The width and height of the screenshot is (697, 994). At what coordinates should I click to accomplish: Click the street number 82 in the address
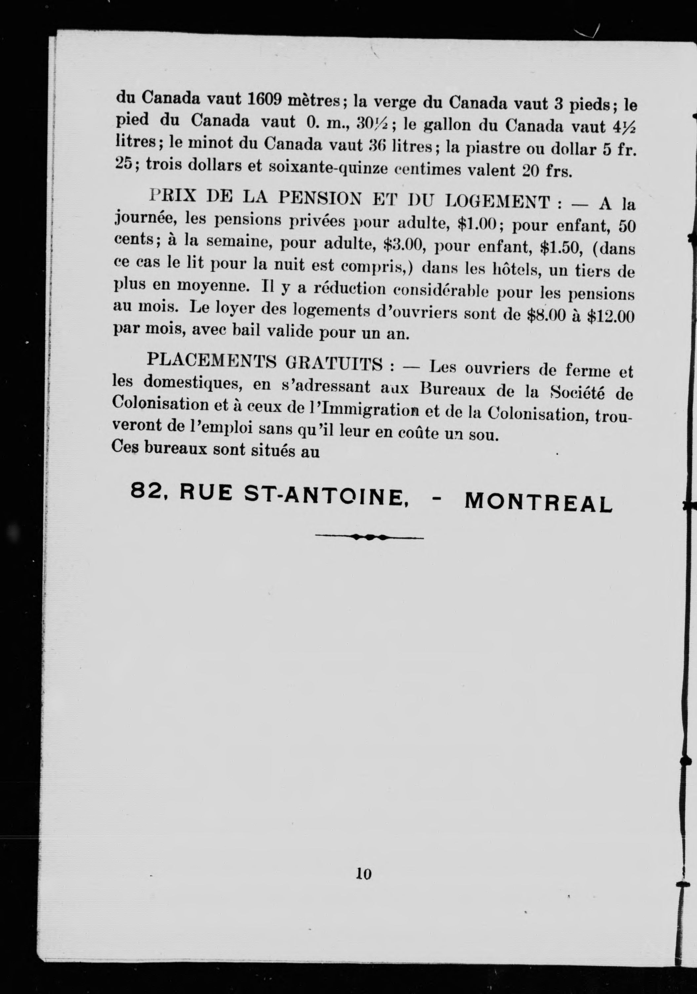pos(143,491)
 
